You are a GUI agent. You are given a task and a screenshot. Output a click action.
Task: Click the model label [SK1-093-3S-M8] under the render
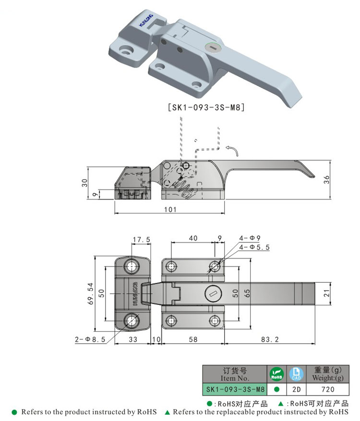(206, 108)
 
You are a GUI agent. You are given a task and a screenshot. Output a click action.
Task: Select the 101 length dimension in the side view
(170, 209)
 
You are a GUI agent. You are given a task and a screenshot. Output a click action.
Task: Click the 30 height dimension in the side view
(84, 183)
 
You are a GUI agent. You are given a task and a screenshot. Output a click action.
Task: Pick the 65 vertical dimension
(247, 293)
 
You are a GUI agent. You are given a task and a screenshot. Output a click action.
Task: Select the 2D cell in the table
(296, 389)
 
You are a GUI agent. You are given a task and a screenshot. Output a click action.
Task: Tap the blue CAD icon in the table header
(296, 373)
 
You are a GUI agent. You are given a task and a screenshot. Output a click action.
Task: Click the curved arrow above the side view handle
(233, 151)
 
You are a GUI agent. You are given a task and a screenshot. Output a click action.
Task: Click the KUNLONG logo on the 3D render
(145, 20)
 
